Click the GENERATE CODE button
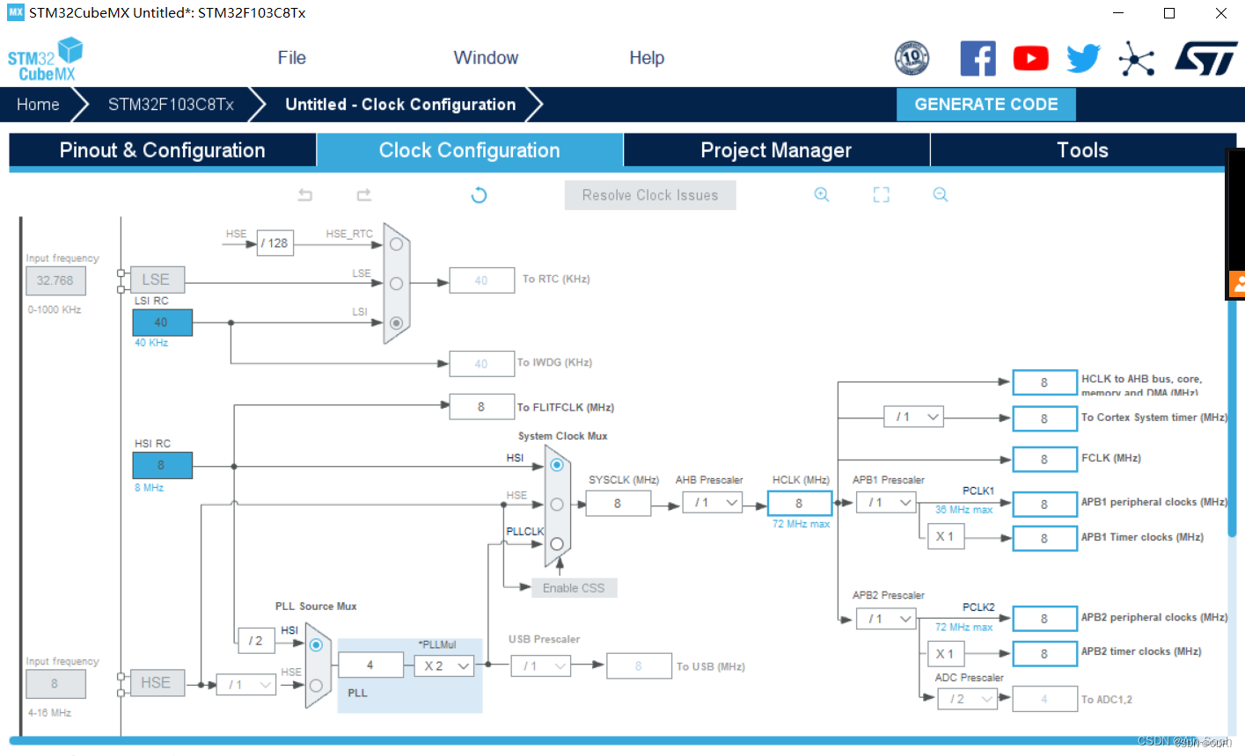pos(985,105)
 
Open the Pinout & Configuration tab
pos(162,150)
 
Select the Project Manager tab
pos(775,150)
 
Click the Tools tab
pos(1081,150)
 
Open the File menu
pos(291,58)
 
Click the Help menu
pos(646,58)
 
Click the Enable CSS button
pos(574,588)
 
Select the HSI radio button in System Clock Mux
pos(557,464)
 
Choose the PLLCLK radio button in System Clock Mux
pos(557,544)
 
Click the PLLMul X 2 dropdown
pos(444,666)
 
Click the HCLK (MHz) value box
pos(799,504)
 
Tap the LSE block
pos(157,280)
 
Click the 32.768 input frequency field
pos(55,280)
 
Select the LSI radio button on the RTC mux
pos(396,323)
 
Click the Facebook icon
pos(978,59)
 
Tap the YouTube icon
pos(1030,59)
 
